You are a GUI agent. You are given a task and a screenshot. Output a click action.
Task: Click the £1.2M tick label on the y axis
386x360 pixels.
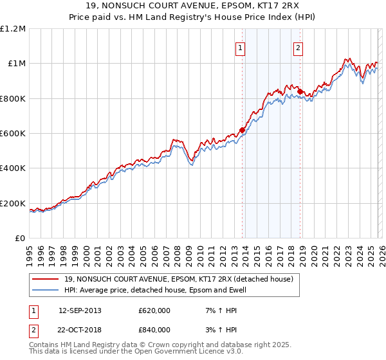[x=13, y=28]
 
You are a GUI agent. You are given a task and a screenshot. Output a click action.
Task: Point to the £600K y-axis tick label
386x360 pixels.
[x=13, y=134]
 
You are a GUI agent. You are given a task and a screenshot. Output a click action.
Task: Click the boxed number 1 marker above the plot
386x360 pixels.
[x=241, y=47]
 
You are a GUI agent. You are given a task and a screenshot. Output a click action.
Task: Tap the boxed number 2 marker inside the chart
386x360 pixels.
[x=299, y=47]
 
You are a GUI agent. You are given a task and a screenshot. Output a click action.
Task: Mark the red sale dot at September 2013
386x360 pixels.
[x=242, y=130]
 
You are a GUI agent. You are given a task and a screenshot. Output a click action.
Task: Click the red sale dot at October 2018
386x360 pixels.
[x=300, y=91]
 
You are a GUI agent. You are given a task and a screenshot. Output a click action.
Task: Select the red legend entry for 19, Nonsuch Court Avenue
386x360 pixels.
[x=179, y=279]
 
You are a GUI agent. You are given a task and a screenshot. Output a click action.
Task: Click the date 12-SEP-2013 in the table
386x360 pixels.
[x=80, y=310]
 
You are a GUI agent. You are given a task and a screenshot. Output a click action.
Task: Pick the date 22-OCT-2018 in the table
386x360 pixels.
[x=80, y=330]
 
